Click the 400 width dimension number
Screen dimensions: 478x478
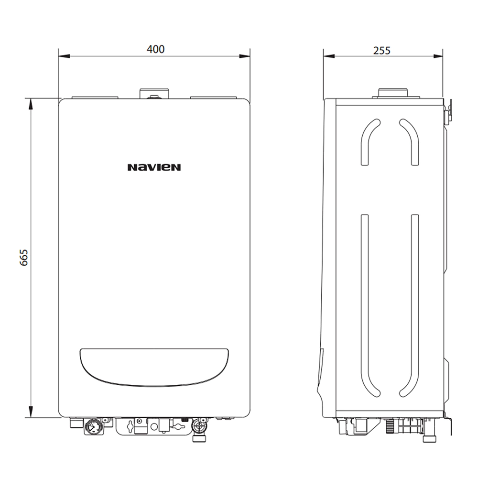point(155,49)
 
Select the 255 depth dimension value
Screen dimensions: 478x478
point(382,50)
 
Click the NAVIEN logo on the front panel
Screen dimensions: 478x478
point(154,167)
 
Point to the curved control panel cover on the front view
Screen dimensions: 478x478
point(154,366)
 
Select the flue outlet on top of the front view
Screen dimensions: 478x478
point(154,93)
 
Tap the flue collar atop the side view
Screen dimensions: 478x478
point(393,93)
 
